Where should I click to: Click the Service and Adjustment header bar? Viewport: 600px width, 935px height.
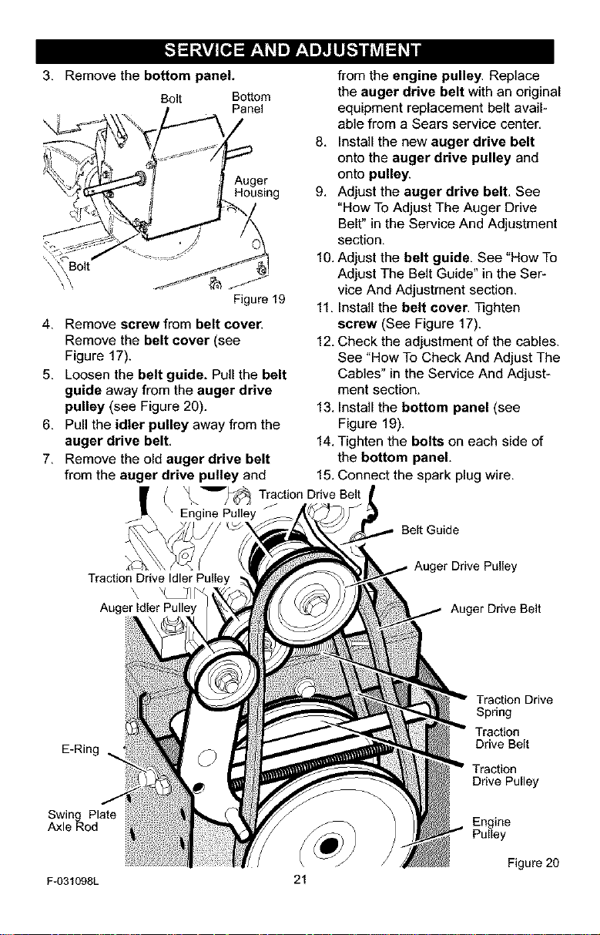[295, 51]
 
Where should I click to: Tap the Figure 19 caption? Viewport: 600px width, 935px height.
[259, 299]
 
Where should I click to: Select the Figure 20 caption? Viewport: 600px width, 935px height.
[533, 863]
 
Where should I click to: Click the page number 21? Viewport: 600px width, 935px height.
[300, 880]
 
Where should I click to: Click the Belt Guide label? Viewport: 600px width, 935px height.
[430, 530]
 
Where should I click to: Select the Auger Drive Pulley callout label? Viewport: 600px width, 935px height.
[465, 567]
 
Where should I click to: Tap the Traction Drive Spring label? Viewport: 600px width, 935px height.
[514, 706]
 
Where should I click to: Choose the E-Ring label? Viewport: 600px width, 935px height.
[80, 749]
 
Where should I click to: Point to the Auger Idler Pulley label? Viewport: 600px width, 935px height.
[148, 607]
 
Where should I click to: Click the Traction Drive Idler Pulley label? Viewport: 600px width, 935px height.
[159, 578]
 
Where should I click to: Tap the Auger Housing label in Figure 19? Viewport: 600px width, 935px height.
[256, 187]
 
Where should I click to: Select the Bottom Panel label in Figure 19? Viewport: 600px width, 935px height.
[251, 103]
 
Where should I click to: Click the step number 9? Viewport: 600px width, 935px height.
[320, 192]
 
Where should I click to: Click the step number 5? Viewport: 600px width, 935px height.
[47, 375]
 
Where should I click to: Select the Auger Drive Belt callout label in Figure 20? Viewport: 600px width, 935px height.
[495, 609]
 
